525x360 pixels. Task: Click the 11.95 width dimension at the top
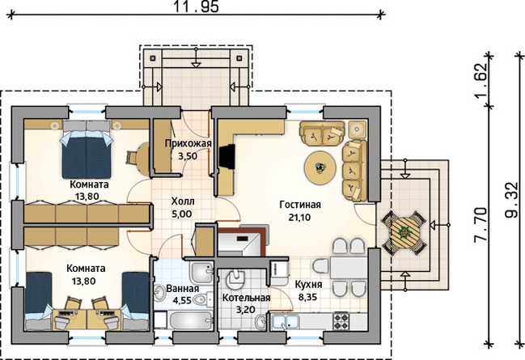tap(197, 6)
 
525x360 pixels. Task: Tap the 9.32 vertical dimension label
tap(511, 201)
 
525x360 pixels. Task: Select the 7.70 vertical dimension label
tap(481, 225)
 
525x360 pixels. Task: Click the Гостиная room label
tap(300, 205)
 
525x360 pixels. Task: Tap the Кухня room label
tap(308, 285)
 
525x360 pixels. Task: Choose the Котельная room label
tap(246, 298)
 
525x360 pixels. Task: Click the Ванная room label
tap(183, 288)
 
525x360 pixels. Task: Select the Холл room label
tap(183, 201)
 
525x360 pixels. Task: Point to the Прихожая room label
tap(188, 144)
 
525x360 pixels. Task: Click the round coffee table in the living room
tap(320, 167)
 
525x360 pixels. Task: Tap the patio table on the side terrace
tap(404, 233)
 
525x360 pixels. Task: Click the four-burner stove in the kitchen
tap(341, 321)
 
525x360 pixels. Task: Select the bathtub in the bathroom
tap(191, 321)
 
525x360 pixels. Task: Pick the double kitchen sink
tap(286, 322)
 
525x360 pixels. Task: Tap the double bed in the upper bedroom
tap(87, 150)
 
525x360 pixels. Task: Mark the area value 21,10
tap(299, 218)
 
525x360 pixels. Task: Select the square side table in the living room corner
tap(358, 129)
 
